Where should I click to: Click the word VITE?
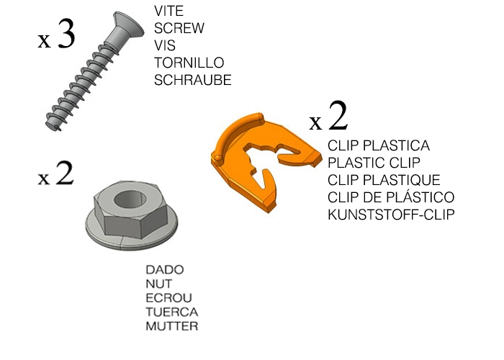coord(169,12)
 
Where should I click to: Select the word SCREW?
coord(179,29)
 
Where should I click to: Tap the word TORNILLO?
coord(189,63)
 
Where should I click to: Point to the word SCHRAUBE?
coord(193,81)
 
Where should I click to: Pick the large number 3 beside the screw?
coord(65,35)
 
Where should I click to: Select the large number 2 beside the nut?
coord(64,174)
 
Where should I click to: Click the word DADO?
coord(164,269)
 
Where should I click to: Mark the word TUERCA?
coord(171,312)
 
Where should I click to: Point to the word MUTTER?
coord(171,327)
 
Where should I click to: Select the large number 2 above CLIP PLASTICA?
coord(338,115)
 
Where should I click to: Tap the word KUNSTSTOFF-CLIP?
coord(391,215)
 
